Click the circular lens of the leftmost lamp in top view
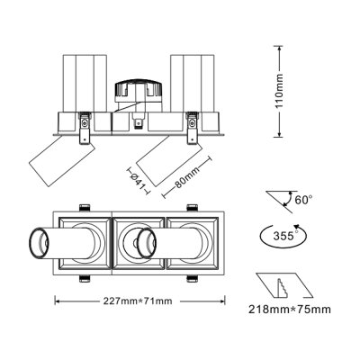click(x=40, y=243)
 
